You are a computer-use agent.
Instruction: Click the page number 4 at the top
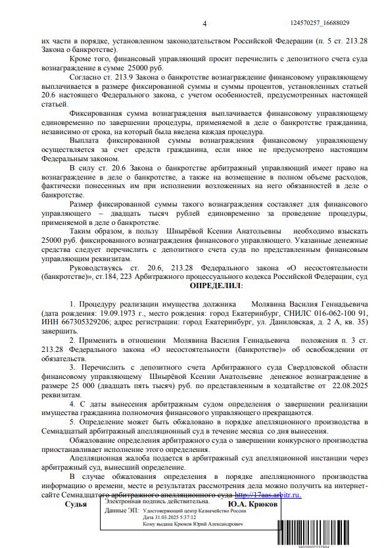[x=204, y=24]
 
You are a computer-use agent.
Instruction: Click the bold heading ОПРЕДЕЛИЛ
[x=216, y=286]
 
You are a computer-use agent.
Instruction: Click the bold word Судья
[x=76, y=504]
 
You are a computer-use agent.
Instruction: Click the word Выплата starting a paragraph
[x=84, y=140]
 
